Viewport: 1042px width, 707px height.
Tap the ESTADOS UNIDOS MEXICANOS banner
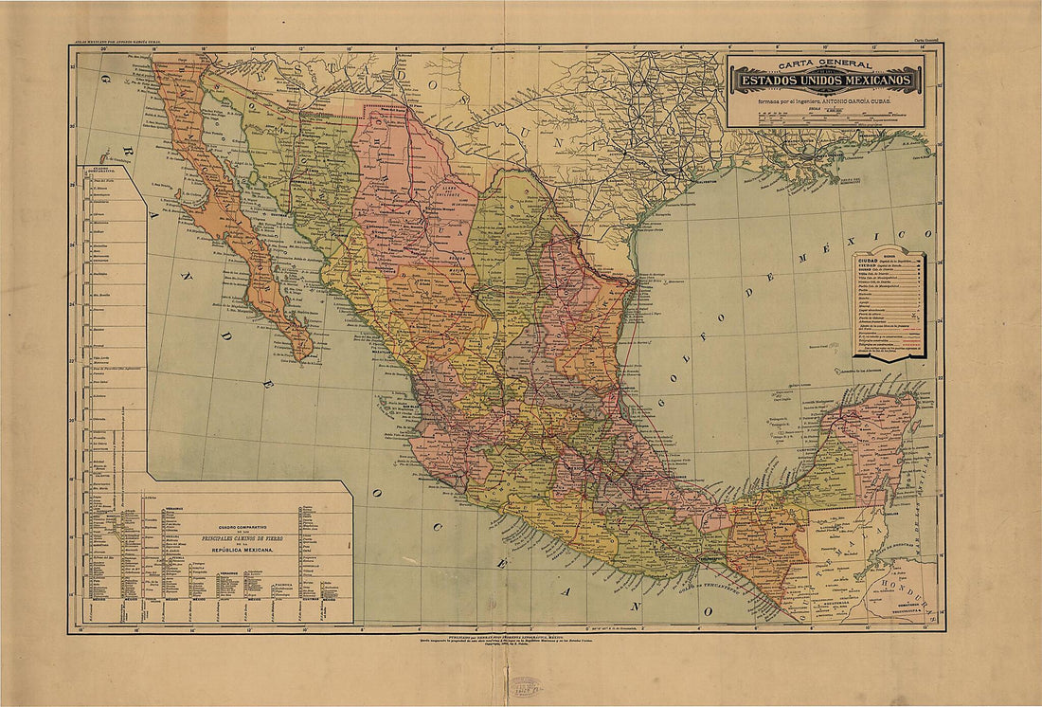(825, 81)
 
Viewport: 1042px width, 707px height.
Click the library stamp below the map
(523, 685)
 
